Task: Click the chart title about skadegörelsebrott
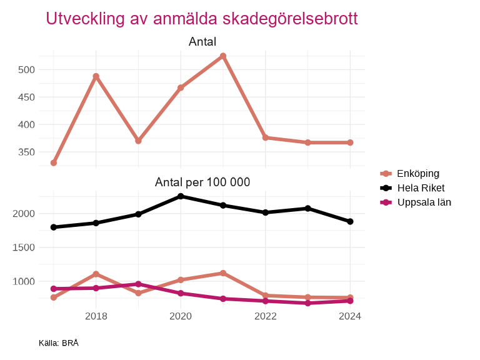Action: (201, 19)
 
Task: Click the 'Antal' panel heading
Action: (202, 42)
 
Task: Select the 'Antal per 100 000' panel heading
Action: (202, 182)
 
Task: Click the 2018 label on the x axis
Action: (96, 316)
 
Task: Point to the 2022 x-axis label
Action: (265, 316)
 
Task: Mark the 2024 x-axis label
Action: (350, 316)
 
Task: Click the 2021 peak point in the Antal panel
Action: (223, 56)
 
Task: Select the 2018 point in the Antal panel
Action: (96, 76)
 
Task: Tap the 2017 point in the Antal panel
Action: (54, 163)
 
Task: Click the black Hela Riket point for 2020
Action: (181, 196)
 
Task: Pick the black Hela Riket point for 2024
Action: (350, 221)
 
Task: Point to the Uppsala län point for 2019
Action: (138, 284)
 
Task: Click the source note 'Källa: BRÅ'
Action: (58, 343)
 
